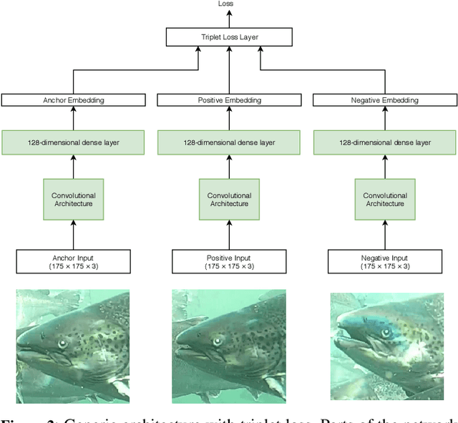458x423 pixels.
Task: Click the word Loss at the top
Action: point(225,4)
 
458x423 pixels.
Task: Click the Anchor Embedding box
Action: point(73,100)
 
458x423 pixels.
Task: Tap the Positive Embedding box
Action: point(229,100)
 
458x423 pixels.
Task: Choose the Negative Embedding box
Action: point(385,100)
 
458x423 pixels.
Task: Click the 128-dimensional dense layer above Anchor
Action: point(73,142)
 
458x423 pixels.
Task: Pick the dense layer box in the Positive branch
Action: point(229,142)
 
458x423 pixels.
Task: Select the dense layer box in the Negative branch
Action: point(385,142)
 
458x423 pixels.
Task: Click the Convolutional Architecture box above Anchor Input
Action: point(73,200)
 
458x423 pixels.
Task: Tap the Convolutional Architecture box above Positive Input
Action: point(229,200)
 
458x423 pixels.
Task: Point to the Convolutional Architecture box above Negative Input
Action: point(385,200)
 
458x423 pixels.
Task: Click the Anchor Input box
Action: point(73,261)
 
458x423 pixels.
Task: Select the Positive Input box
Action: point(229,261)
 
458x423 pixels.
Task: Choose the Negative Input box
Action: point(385,261)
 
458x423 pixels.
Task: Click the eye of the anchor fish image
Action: point(62,344)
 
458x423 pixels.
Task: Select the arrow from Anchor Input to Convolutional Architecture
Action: point(73,234)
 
